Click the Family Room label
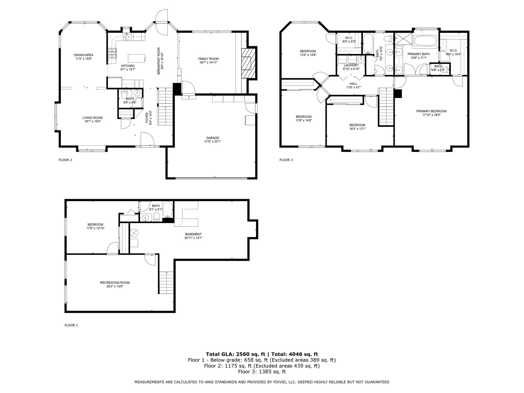click(208, 59)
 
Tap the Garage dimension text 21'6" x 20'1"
click(213, 141)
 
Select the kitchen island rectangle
click(137, 59)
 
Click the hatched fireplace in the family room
click(248, 63)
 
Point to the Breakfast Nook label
click(159, 61)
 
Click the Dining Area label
click(84, 55)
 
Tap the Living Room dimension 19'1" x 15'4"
click(93, 121)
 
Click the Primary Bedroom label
click(431, 111)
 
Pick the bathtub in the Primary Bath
click(425, 41)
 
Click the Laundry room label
click(351, 65)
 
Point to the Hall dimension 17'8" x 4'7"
click(353, 87)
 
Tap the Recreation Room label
click(115, 283)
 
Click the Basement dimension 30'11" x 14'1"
click(193, 238)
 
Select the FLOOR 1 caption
click(71, 325)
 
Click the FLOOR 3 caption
click(286, 160)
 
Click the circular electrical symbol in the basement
click(134, 232)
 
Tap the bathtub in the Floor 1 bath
click(168, 210)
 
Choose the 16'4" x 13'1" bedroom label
click(357, 125)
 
